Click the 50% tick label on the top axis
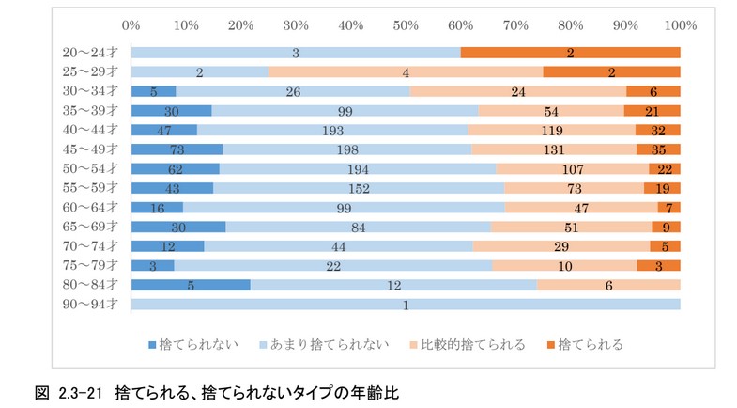[405, 24]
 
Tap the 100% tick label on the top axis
[679, 24]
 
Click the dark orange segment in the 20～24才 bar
[570, 53]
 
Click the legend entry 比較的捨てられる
[467, 344]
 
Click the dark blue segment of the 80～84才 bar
[191, 285]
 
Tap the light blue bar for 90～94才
[405, 304]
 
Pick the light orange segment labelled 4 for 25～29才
[405, 71]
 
